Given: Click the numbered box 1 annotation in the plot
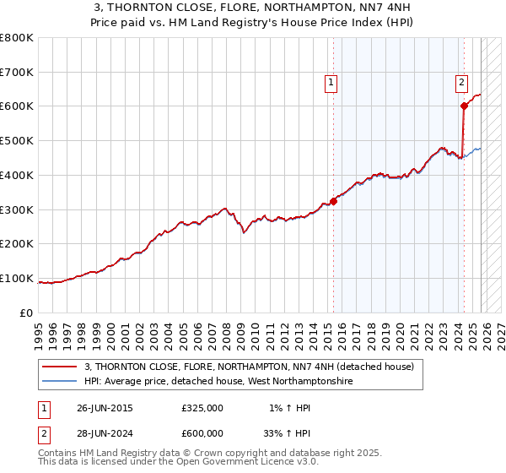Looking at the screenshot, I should click(x=331, y=83).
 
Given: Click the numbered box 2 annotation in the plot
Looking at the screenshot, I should click(x=462, y=83).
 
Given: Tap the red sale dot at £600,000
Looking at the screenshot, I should click(x=464, y=106).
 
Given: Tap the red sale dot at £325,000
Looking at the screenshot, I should click(x=333, y=201).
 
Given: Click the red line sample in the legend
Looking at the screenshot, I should click(x=60, y=367).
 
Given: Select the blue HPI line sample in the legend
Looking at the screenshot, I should click(x=60, y=382).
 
